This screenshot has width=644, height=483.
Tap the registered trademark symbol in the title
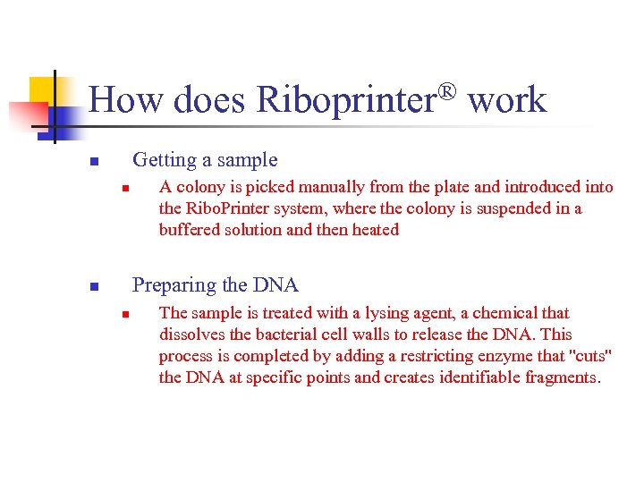(448, 91)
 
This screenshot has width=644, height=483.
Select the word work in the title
(507, 100)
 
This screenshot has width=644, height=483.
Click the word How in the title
(125, 100)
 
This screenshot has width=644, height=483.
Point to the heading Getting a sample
(205, 160)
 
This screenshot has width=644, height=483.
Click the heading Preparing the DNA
(216, 285)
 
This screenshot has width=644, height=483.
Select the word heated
(376, 230)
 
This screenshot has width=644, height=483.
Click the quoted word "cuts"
(593, 356)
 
